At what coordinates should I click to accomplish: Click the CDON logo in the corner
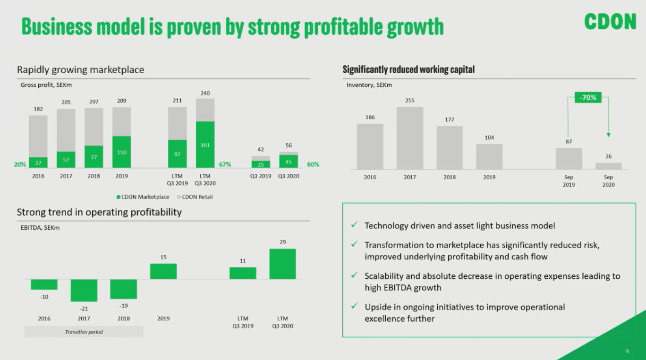610,21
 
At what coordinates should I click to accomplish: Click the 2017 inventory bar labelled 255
410,138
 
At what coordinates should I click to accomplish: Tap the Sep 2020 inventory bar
608,166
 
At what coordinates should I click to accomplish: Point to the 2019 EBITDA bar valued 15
163,271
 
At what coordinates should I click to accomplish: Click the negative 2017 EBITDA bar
84,290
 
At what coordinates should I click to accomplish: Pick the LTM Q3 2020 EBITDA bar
282,264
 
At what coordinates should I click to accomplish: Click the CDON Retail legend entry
195,197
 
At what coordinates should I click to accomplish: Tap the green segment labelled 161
205,145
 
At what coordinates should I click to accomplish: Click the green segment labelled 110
121,152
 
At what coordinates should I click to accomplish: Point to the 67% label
225,164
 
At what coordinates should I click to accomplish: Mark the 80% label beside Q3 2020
313,164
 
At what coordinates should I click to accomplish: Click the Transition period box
84,332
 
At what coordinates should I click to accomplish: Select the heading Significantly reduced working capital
408,69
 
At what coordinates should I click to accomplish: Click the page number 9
627,351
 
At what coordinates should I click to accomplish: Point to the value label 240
205,94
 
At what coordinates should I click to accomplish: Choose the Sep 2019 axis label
569,181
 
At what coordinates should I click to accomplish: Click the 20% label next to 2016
20,164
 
